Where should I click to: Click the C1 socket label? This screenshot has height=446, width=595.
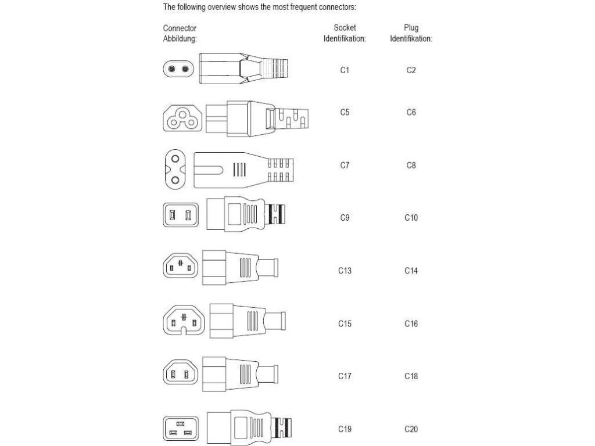[345, 70]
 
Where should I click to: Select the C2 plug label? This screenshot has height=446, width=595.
[411, 70]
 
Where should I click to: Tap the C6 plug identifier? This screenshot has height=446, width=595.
[411, 112]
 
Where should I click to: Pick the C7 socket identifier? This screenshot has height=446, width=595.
[345, 166]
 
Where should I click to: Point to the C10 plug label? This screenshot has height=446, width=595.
[411, 218]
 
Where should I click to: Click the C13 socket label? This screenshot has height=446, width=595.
[345, 271]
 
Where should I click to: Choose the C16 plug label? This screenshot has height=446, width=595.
[411, 323]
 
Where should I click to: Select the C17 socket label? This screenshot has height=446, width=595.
[345, 376]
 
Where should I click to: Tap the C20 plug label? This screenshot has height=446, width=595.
[411, 429]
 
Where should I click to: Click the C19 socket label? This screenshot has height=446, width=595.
[345, 429]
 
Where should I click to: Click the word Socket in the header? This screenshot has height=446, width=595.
[345, 27]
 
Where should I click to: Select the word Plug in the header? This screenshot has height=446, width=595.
[411, 27]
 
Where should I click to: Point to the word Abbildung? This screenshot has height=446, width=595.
[180, 39]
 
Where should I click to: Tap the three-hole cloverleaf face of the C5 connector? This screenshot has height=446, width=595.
[180, 117]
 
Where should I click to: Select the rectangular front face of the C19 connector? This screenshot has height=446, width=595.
[181, 429]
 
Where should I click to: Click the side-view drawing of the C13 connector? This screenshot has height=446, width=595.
[241, 268]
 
